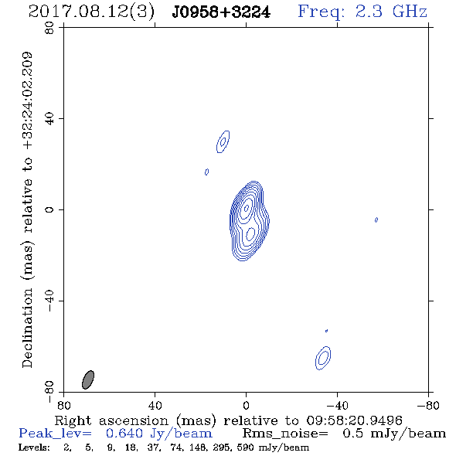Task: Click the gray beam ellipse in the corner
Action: [88, 379]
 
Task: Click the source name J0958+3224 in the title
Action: [221, 12]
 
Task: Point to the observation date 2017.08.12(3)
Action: [91, 12]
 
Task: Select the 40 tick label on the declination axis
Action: [49, 119]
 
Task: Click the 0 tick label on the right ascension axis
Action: [246, 405]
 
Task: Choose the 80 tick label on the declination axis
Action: [49, 28]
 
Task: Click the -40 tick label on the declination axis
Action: [49, 301]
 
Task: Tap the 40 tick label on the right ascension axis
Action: [155, 405]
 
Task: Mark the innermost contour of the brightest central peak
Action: [247, 208]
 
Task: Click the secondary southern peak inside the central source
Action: [250, 234]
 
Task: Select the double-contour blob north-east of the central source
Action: [223, 141]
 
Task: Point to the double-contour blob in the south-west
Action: [323, 358]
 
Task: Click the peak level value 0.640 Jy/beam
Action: [159, 434]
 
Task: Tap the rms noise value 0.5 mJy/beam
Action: [394, 434]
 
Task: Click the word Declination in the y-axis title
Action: [27, 328]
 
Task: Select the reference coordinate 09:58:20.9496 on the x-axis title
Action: [354, 420]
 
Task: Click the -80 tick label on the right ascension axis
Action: [427, 405]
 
